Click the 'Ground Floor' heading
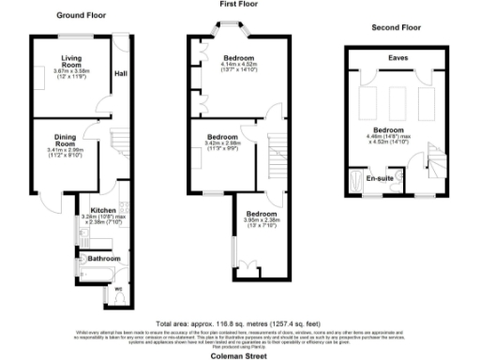[80, 16]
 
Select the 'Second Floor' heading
[397, 27]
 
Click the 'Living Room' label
[65, 61]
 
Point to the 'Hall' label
[121, 74]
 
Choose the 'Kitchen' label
[102, 212]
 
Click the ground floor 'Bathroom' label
[104, 258]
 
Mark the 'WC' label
[118, 288]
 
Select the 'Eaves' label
[398, 57]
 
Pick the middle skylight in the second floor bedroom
[398, 98]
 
